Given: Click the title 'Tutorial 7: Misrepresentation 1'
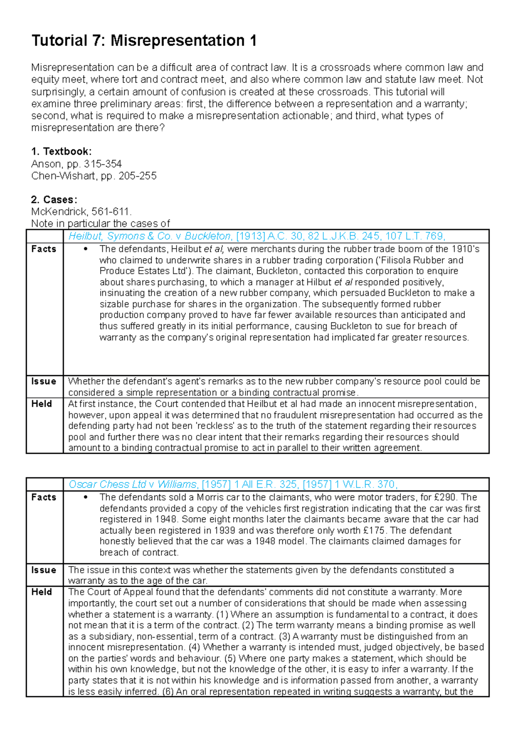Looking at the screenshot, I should pos(144,41).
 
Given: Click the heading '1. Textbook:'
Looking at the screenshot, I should pos(61,152).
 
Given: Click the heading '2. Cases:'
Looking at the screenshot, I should pos(54,200).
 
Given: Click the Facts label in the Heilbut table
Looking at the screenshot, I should pos(44,249).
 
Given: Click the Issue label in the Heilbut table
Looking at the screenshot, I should pos(44,382).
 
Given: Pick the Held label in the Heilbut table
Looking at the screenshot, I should pos(41,404).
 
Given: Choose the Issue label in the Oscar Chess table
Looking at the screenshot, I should pos(44,570).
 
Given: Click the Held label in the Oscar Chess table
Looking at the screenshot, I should pos(41,592).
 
